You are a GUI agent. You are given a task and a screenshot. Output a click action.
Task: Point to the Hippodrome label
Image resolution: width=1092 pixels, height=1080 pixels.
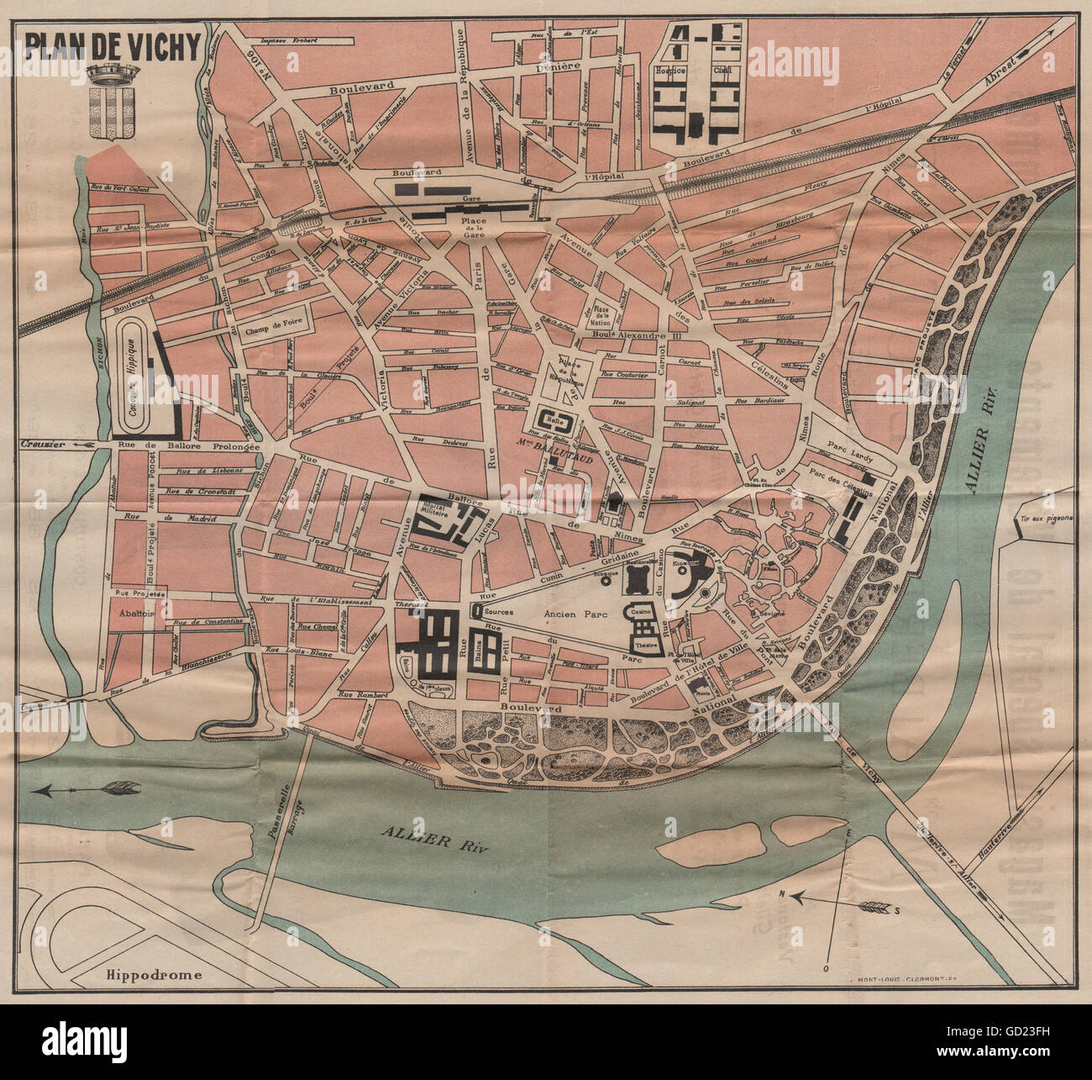coord(155,975)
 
